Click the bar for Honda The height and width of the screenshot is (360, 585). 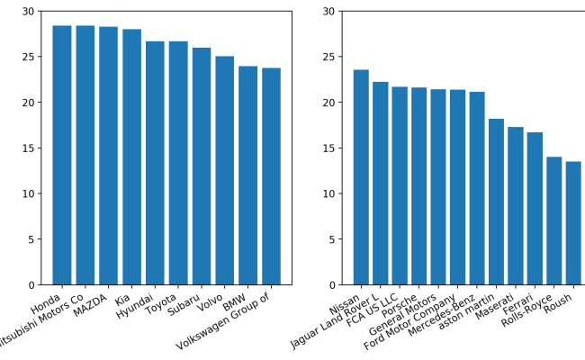click(x=61, y=155)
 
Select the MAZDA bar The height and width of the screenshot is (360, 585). click(x=108, y=156)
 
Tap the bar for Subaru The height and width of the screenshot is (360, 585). click(x=202, y=166)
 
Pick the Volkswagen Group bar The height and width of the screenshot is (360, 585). click(x=271, y=176)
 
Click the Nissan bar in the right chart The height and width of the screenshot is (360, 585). click(x=361, y=177)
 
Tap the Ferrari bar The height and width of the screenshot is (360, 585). click(x=535, y=209)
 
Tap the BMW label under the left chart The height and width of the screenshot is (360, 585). click(x=235, y=300)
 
